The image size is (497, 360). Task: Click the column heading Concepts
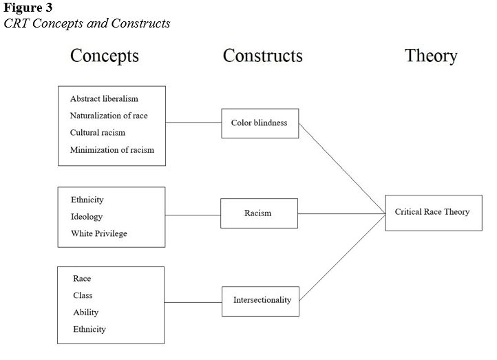tap(105, 56)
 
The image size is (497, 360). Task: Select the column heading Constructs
tap(262, 56)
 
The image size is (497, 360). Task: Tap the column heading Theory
tap(431, 56)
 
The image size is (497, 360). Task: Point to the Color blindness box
tap(260, 123)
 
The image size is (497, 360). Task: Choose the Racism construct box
tap(259, 213)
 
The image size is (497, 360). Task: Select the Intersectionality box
tap(261, 301)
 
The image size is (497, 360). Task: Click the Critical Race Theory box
tap(432, 212)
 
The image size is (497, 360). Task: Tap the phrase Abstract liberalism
tap(104, 98)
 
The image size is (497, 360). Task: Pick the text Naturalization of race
tap(109, 116)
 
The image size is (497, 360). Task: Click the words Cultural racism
tap(98, 132)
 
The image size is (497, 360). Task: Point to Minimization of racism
tap(112, 149)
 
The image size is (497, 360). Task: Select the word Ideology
tap(87, 217)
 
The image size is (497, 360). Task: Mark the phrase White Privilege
tap(99, 234)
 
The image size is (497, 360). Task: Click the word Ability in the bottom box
tap(86, 313)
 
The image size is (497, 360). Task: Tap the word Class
tap(83, 295)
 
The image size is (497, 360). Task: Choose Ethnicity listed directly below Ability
tap(89, 329)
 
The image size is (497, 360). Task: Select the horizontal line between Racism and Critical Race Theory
tap(341, 213)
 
